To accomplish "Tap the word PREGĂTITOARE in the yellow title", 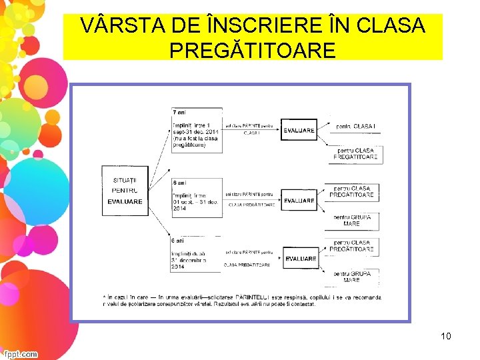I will point(253,50).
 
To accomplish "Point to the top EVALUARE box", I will point(299,131).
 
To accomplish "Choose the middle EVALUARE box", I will point(299,201).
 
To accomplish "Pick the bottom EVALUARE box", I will point(301,259).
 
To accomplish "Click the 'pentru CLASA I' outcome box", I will point(356,126).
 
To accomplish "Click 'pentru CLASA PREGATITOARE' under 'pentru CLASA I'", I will point(356,154).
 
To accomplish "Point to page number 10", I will point(445,336).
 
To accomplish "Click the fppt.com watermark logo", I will point(20,354).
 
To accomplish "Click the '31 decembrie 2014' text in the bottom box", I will point(189,263).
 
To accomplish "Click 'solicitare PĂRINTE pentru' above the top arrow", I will point(250,126).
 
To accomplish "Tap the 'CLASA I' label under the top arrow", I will point(251,133).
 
